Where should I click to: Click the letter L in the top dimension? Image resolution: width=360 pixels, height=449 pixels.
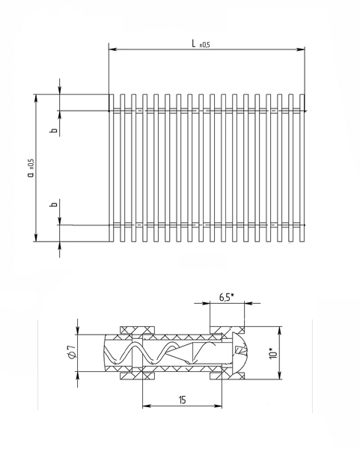(x=194, y=44)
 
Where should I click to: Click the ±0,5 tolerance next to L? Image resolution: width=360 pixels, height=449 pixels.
(x=204, y=45)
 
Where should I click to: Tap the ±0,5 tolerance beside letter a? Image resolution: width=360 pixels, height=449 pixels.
(x=31, y=165)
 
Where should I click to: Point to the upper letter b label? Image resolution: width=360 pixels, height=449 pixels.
(x=54, y=130)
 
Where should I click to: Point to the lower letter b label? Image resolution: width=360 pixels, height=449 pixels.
(x=54, y=204)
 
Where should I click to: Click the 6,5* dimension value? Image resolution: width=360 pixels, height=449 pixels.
(x=227, y=297)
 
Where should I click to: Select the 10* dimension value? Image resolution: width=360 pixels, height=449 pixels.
(x=273, y=353)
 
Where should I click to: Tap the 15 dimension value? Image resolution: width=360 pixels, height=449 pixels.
(x=182, y=400)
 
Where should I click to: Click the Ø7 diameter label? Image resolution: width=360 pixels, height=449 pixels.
(x=72, y=352)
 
